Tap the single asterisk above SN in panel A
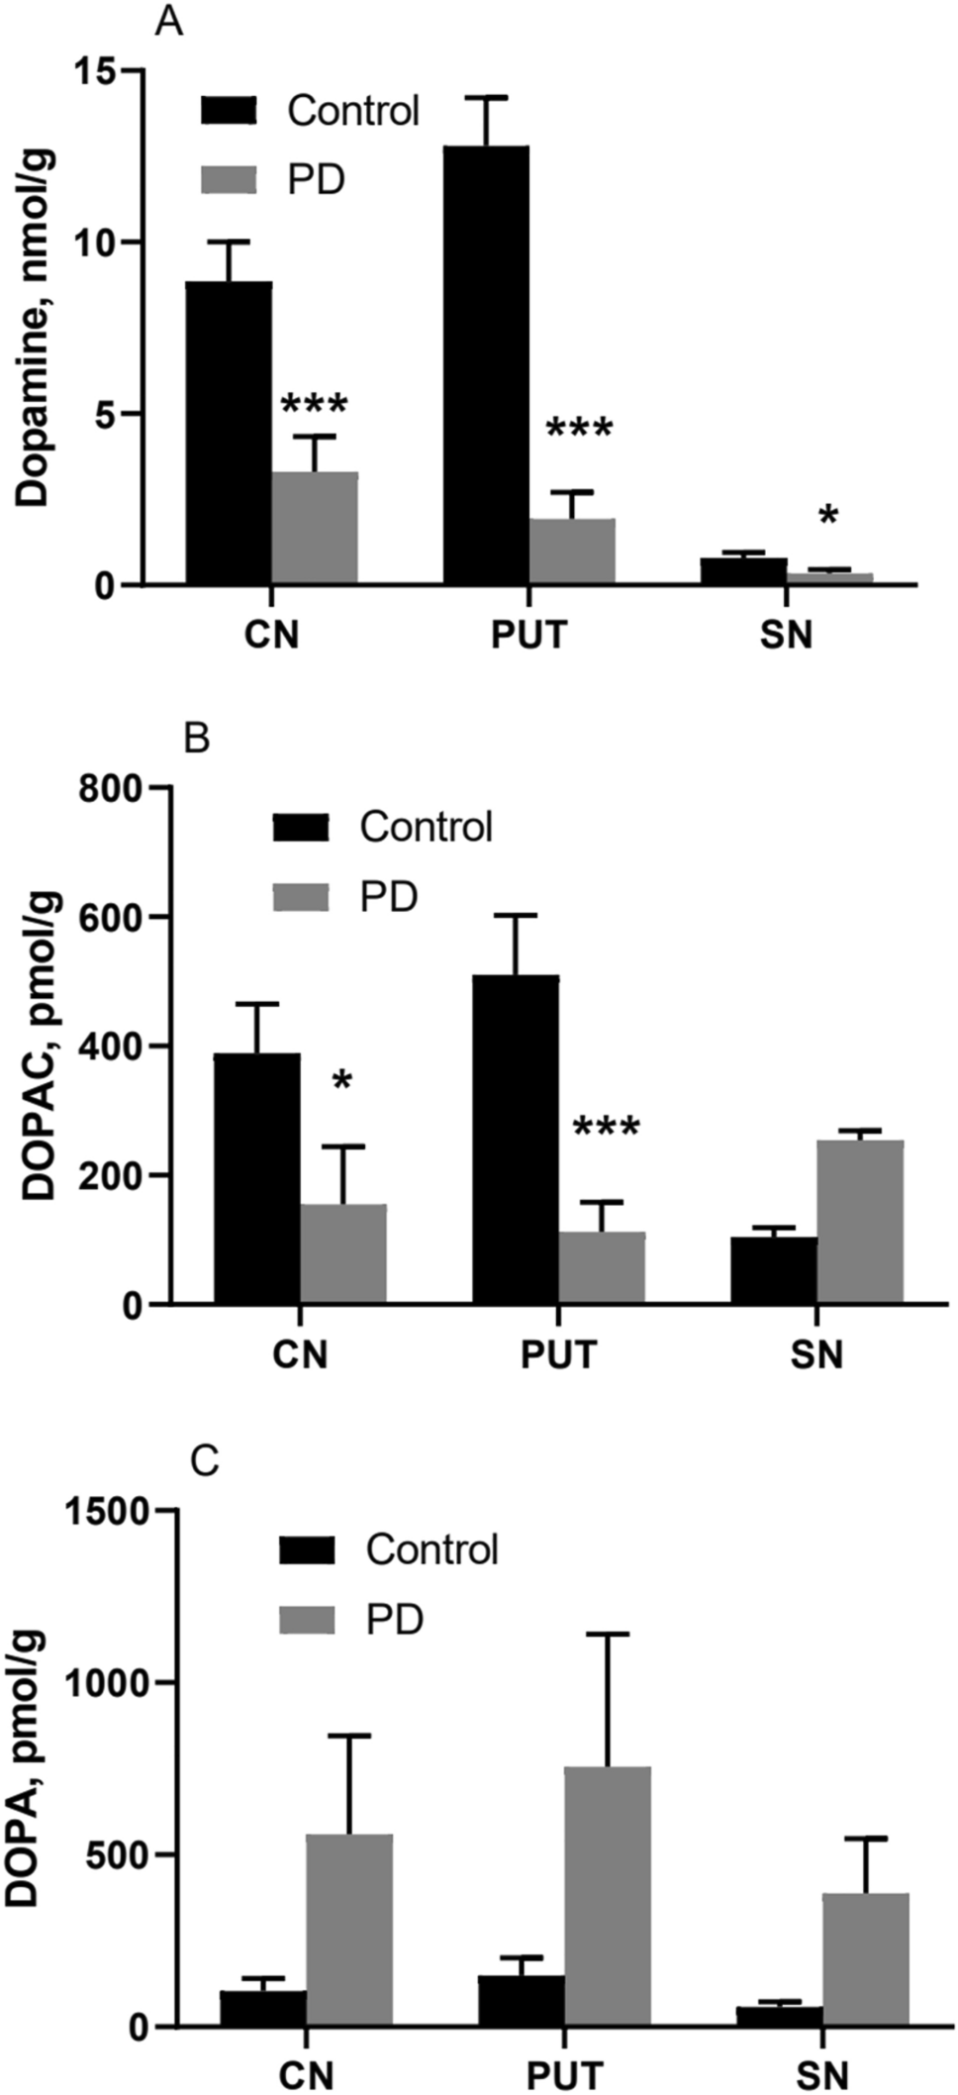pyautogui.click(x=828, y=517)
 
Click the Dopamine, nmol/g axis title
pyautogui.click(x=38, y=327)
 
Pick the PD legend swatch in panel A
pyautogui.click(x=229, y=179)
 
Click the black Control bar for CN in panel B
pyautogui.click(x=256, y=1178)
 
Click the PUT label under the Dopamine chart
pyautogui.click(x=529, y=634)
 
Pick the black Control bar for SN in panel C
pyautogui.click(x=778, y=2015)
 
